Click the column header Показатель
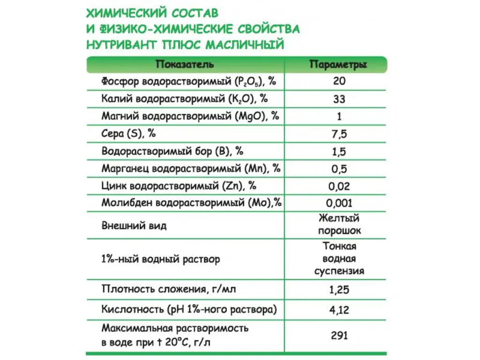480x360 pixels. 185,64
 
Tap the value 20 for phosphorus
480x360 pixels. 339,81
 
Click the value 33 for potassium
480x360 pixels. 339,99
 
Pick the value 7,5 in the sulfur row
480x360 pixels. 339,134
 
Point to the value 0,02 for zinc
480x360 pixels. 339,186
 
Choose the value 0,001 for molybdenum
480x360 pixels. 339,203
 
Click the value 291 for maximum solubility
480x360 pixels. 339,335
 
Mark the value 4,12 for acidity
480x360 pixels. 339,310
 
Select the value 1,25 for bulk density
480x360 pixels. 339,289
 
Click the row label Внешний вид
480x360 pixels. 134,225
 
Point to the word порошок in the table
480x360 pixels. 339,231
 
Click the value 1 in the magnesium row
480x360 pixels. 339,116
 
